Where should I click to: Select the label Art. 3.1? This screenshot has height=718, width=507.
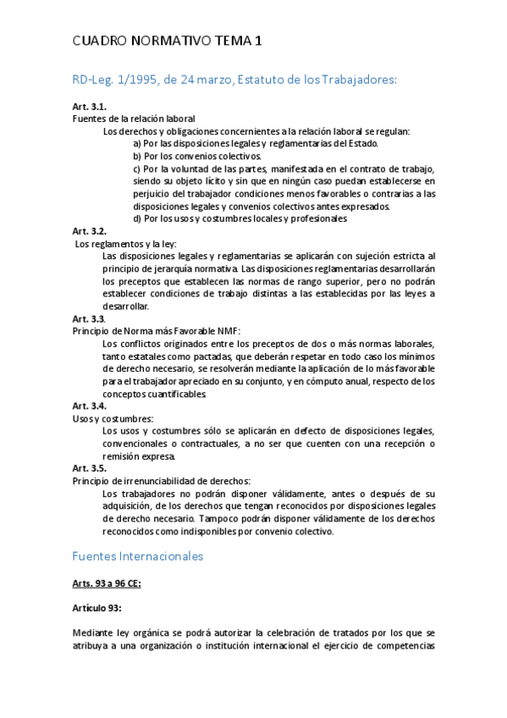89,107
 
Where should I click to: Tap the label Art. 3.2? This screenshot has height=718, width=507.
89,230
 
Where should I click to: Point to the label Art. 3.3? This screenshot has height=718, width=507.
89,318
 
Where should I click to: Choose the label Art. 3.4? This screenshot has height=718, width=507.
89,406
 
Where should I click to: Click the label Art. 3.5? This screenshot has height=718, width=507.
89,468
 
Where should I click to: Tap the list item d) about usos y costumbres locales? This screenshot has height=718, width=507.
240,218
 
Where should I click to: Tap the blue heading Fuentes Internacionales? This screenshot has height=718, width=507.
138,557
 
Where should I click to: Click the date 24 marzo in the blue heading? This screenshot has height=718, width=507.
197,80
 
